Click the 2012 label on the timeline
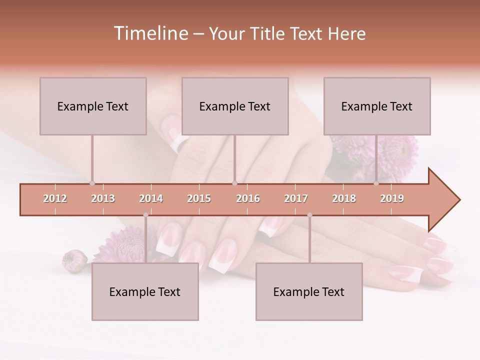pyautogui.click(x=55, y=199)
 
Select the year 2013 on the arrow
pyautogui.click(x=103, y=199)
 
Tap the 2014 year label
pyautogui.click(x=151, y=199)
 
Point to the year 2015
pyautogui.click(x=199, y=199)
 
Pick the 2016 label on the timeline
pyautogui.click(x=248, y=199)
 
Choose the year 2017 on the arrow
pyautogui.click(x=296, y=199)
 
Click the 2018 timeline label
pyautogui.click(x=344, y=199)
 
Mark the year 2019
pyautogui.click(x=392, y=199)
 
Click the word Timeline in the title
pyautogui.click(x=150, y=33)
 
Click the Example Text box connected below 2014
pyautogui.click(x=145, y=292)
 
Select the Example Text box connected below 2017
pyautogui.click(x=309, y=292)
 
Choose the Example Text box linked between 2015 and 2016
pyautogui.click(x=235, y=106)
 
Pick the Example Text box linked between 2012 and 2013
pyautogui.click(x=93, y=106)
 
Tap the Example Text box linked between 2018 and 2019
pyautogui.click(x=377, y=106)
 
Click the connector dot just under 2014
pyautogui.click(x=145, y=215)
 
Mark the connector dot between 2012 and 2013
pyautogui.click(x=92, y=183)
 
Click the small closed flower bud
pyautogui.click(x=74, y=261)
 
